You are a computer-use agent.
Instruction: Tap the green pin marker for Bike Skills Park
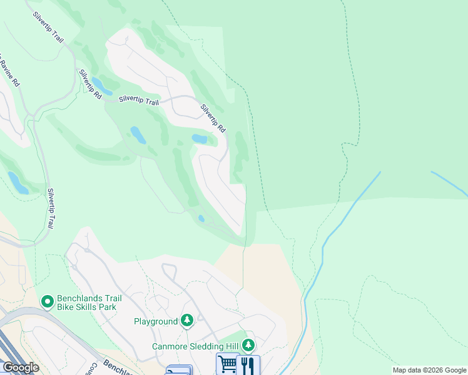click(x=47, y=302)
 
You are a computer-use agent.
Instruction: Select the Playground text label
click(x=156, y=321)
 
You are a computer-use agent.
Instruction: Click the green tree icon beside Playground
click(x=186, y=321)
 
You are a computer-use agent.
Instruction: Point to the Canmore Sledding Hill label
click(x=196, y=346)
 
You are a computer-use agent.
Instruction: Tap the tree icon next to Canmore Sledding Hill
click(x=248, y=345)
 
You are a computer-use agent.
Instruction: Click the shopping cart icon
click(x=227, y=364)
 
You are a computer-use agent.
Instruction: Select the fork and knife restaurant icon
click(x=249, y=364)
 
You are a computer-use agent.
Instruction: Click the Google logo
click(x=21, y=367)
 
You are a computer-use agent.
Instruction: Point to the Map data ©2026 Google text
click(x=429, y=370)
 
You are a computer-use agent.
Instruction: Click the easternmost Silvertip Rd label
click(x=213, y=117)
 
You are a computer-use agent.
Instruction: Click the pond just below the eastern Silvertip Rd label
click(x=200, y=138)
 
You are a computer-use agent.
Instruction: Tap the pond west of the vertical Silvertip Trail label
click(x=17, y=182)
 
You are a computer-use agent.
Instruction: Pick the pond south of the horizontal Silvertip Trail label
click(x=138, y=135)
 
